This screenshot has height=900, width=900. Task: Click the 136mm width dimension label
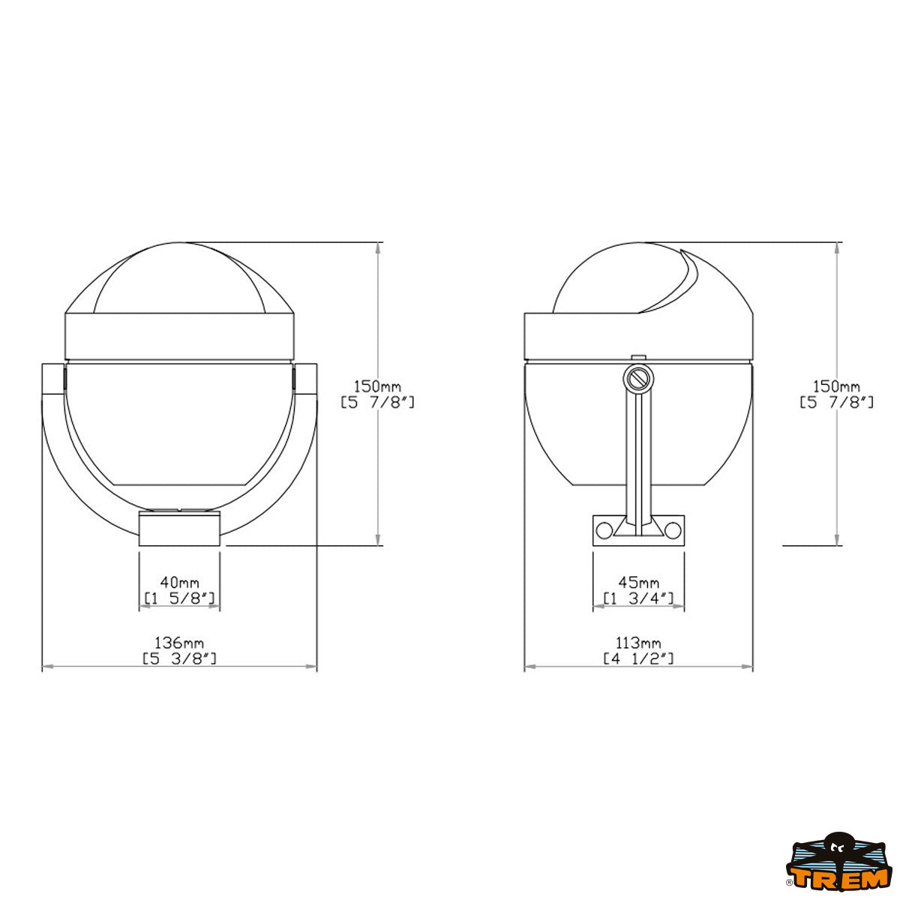pyautogui.click(x=179, y=643)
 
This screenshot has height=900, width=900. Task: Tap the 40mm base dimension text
pyautogui.click(x=180, y=583)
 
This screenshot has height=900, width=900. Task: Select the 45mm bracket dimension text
pyautogui.click(x=638, y=583)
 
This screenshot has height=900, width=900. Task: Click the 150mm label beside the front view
pyautogui.click(x=377, y=386)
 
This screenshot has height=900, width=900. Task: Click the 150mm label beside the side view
pyautogui.click(x=836, y=386)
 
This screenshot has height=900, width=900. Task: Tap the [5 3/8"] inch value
pyautogui.click(x=179, y=659)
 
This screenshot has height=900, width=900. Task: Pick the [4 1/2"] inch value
pyautogui.click(x=638, y=659)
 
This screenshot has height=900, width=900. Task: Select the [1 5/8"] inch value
pyautogui.click(x=180, y=598)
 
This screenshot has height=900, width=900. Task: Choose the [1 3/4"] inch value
pyautogui.click(x=638, y=598)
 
